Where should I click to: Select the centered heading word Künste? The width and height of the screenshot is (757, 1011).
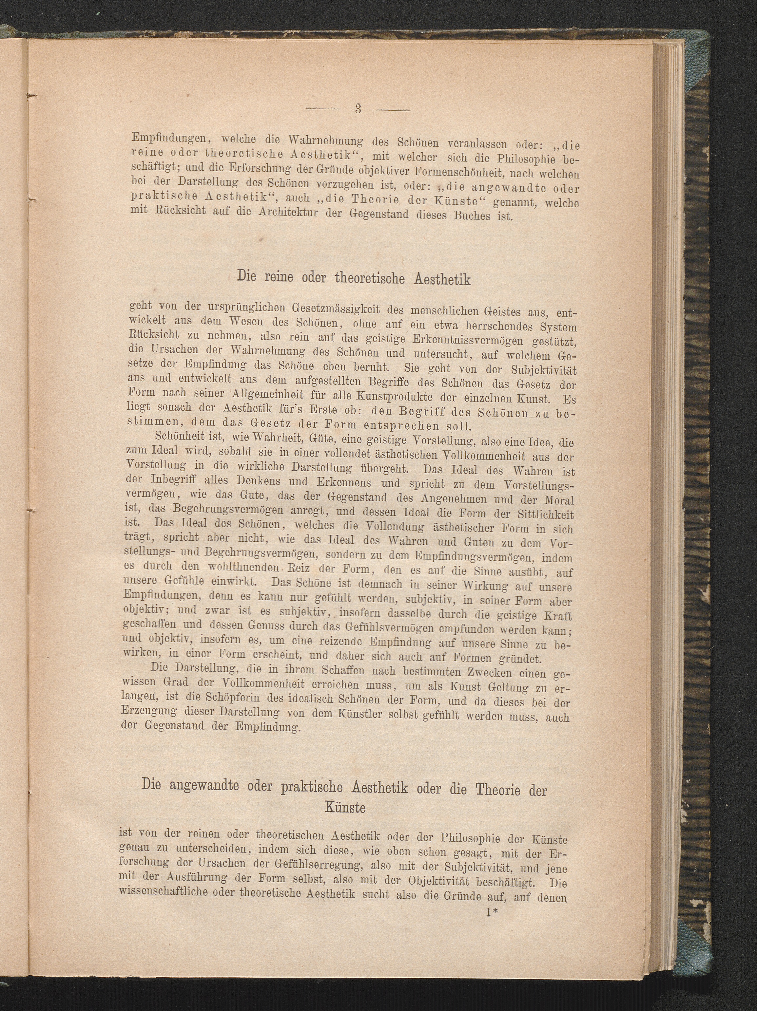[345, 808]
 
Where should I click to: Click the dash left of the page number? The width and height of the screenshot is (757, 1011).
[322, 109]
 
